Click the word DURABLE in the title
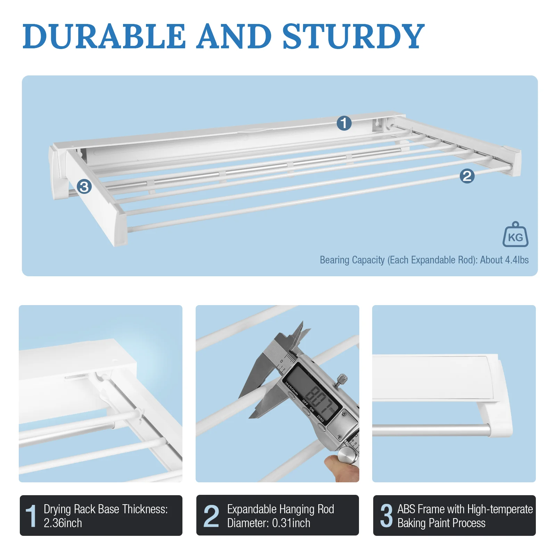tap(104, 36)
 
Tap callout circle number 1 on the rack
tap(344, 123)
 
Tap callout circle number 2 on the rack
tap(467, 176)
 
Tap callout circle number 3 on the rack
tap(84, 187)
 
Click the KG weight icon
tap(515, 235)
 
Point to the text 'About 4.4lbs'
tap(504, 260)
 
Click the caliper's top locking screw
tap(342, 378)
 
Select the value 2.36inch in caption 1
tap(63, 523)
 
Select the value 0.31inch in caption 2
tap(291, 523)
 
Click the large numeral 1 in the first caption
tap(31, 516)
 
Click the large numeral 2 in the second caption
tap(211, 516)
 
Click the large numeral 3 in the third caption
tap(386, 516)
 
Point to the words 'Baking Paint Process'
tap(441, 523)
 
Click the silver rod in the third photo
tap(431, 430)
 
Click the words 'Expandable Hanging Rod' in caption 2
tap(280, 509)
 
